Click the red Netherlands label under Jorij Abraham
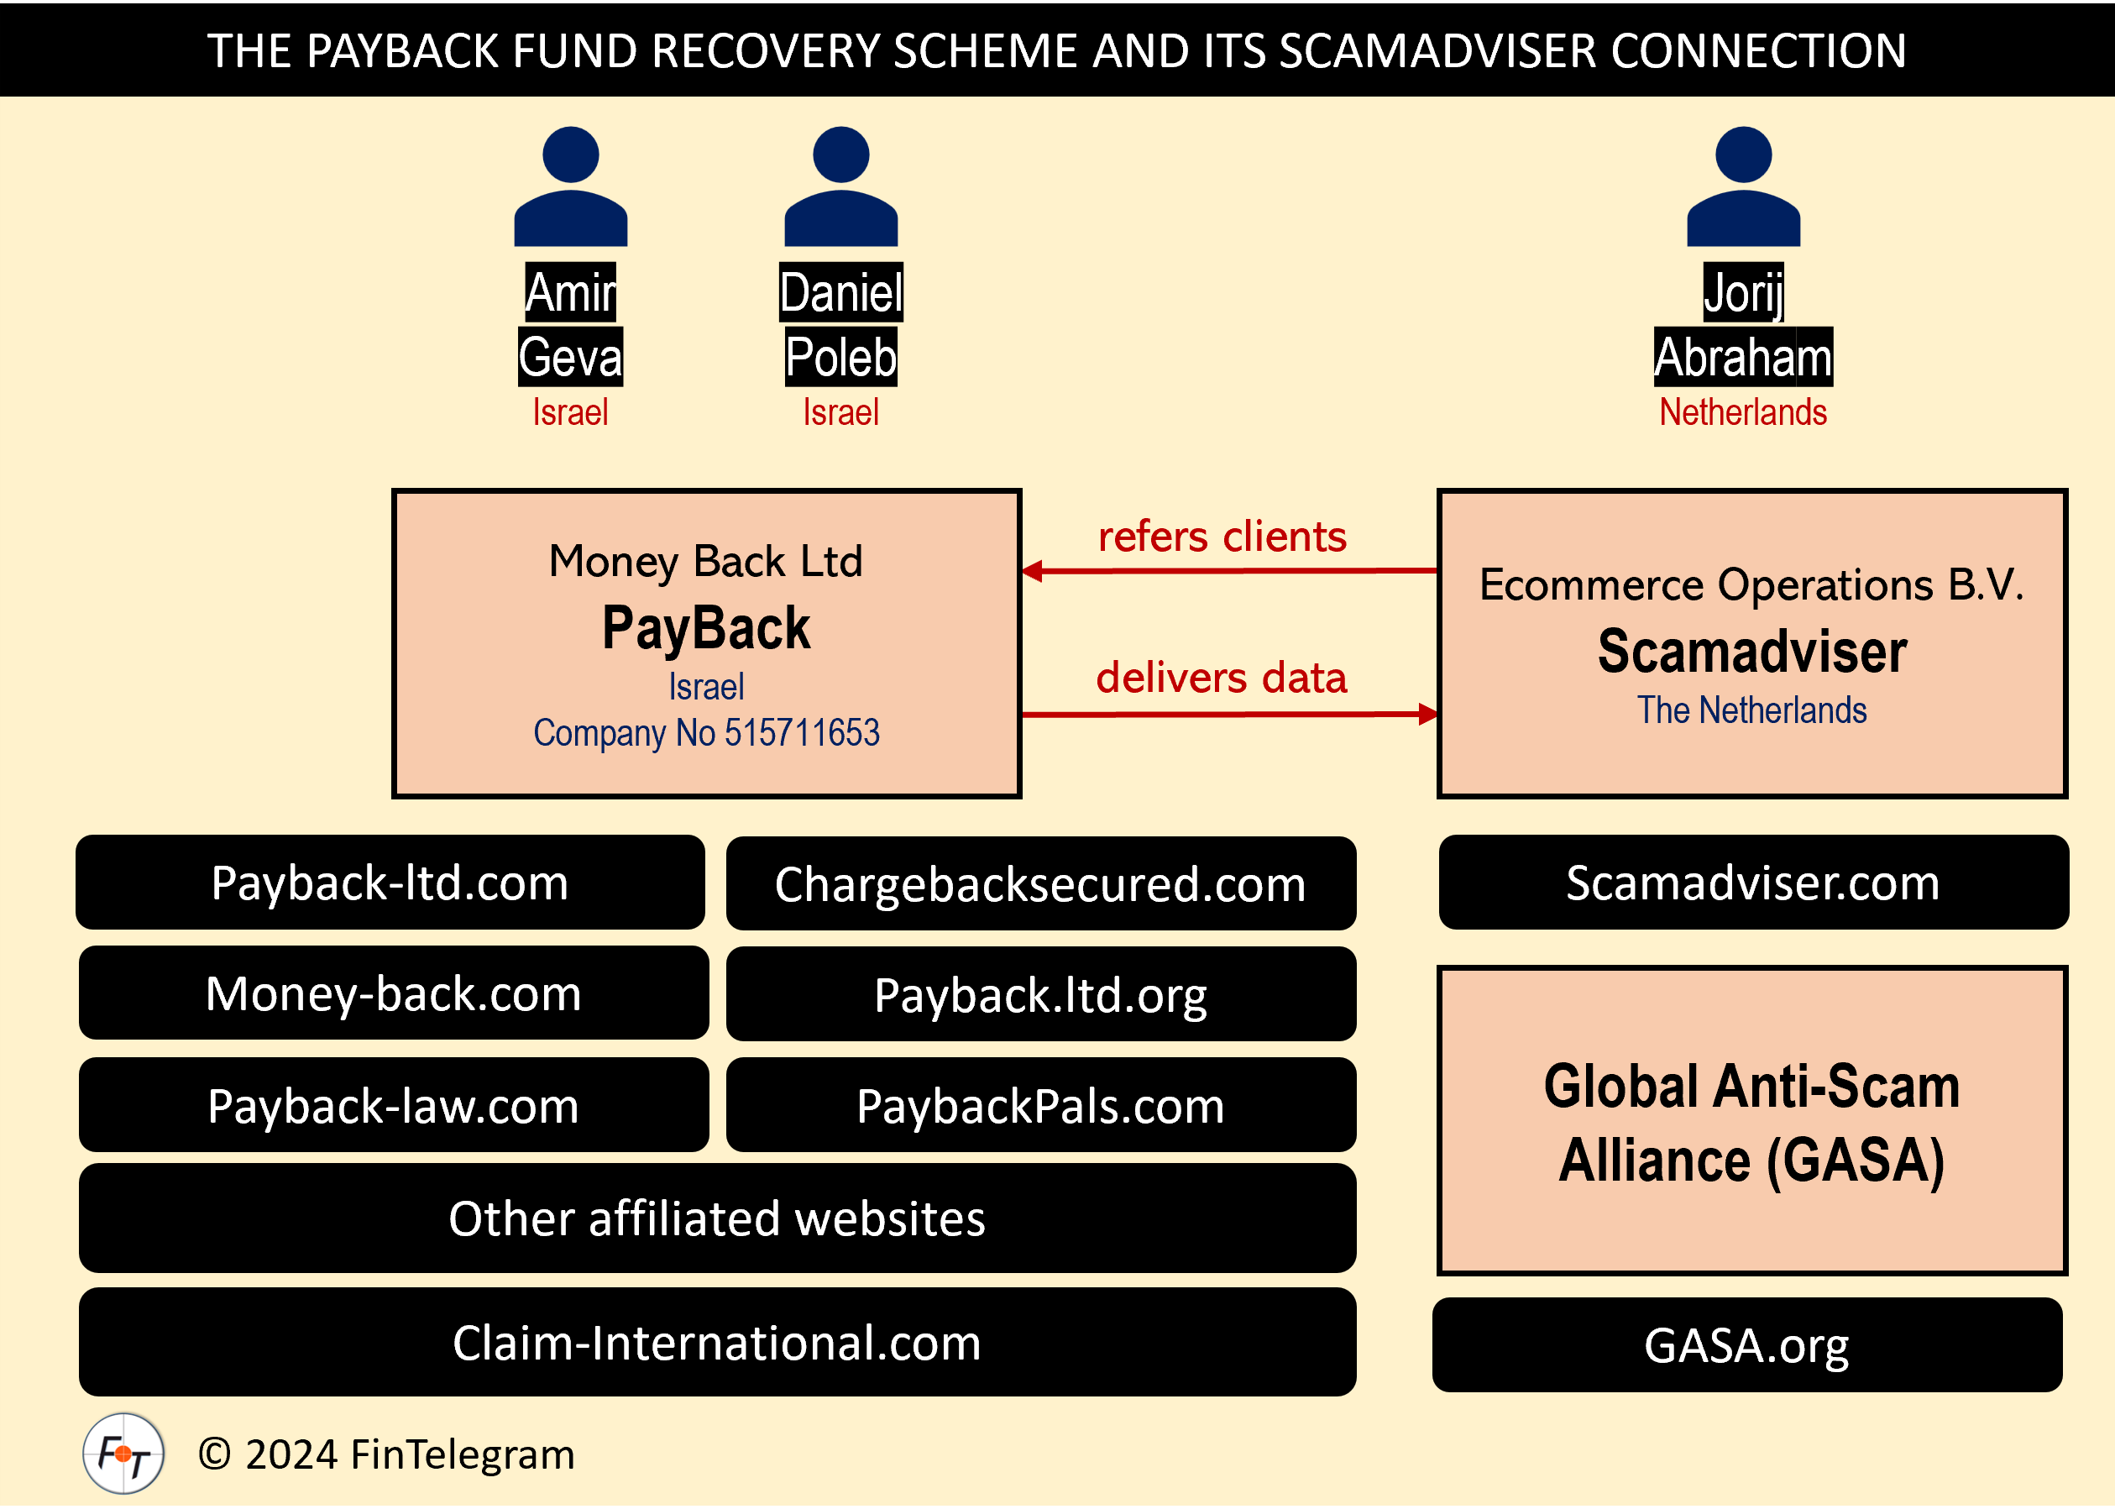click(1742, 411)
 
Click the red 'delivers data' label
click(1222, 679)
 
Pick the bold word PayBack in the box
click(706, 628)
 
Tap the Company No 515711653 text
click(706, 733)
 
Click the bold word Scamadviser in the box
click(1751, 652)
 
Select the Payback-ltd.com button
click(390, 883)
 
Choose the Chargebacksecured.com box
click(1040, 883)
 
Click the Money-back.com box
click(394, 993)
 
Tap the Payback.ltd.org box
click(1040, 994)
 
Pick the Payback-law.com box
click(394, 1105)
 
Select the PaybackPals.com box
click(1040, 1105)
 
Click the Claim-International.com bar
click(717, 1342)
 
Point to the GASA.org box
click(1746, 1344)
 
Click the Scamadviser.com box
click(1753, 883)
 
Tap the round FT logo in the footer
click(123, 1454)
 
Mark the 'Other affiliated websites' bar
click(717, 1218)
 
